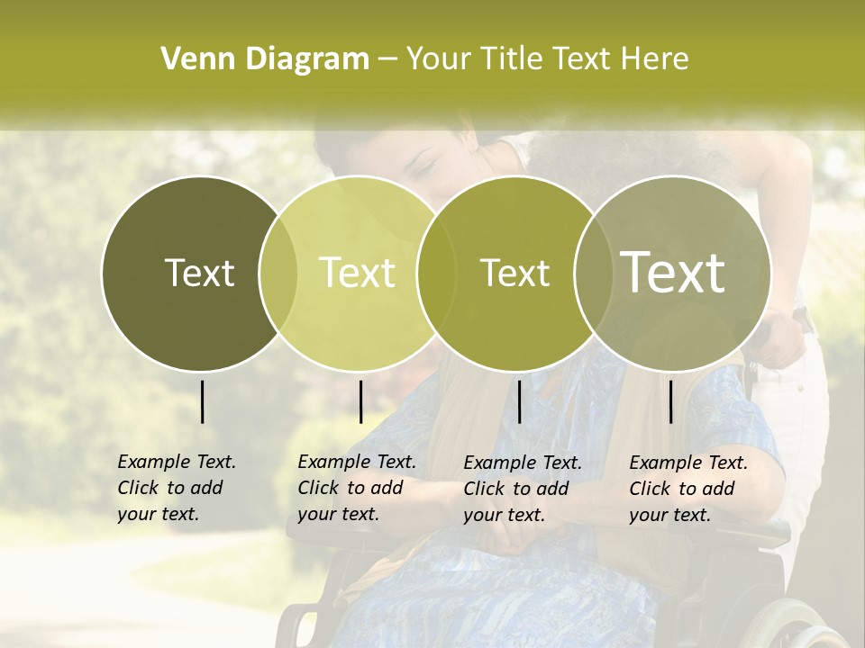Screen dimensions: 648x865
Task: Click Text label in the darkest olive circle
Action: tap(199, 273)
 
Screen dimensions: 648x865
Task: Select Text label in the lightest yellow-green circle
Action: tap(357, 273)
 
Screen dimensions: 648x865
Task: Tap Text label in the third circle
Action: tap(514, 273)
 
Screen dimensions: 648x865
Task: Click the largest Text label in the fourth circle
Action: tap(672, 272)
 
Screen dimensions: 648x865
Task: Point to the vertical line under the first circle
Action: tap(202, 401)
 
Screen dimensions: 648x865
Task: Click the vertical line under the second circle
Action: tap(360, 401)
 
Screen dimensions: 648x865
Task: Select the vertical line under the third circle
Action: tap(519, 401)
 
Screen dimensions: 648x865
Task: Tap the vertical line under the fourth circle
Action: tap(670, 401)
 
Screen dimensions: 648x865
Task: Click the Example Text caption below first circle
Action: tap(176, 488)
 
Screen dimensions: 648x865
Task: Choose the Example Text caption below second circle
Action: tap(356, 488)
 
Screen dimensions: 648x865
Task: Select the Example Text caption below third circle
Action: tap(522, 489)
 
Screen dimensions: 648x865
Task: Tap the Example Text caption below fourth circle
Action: tap(687, 489)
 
